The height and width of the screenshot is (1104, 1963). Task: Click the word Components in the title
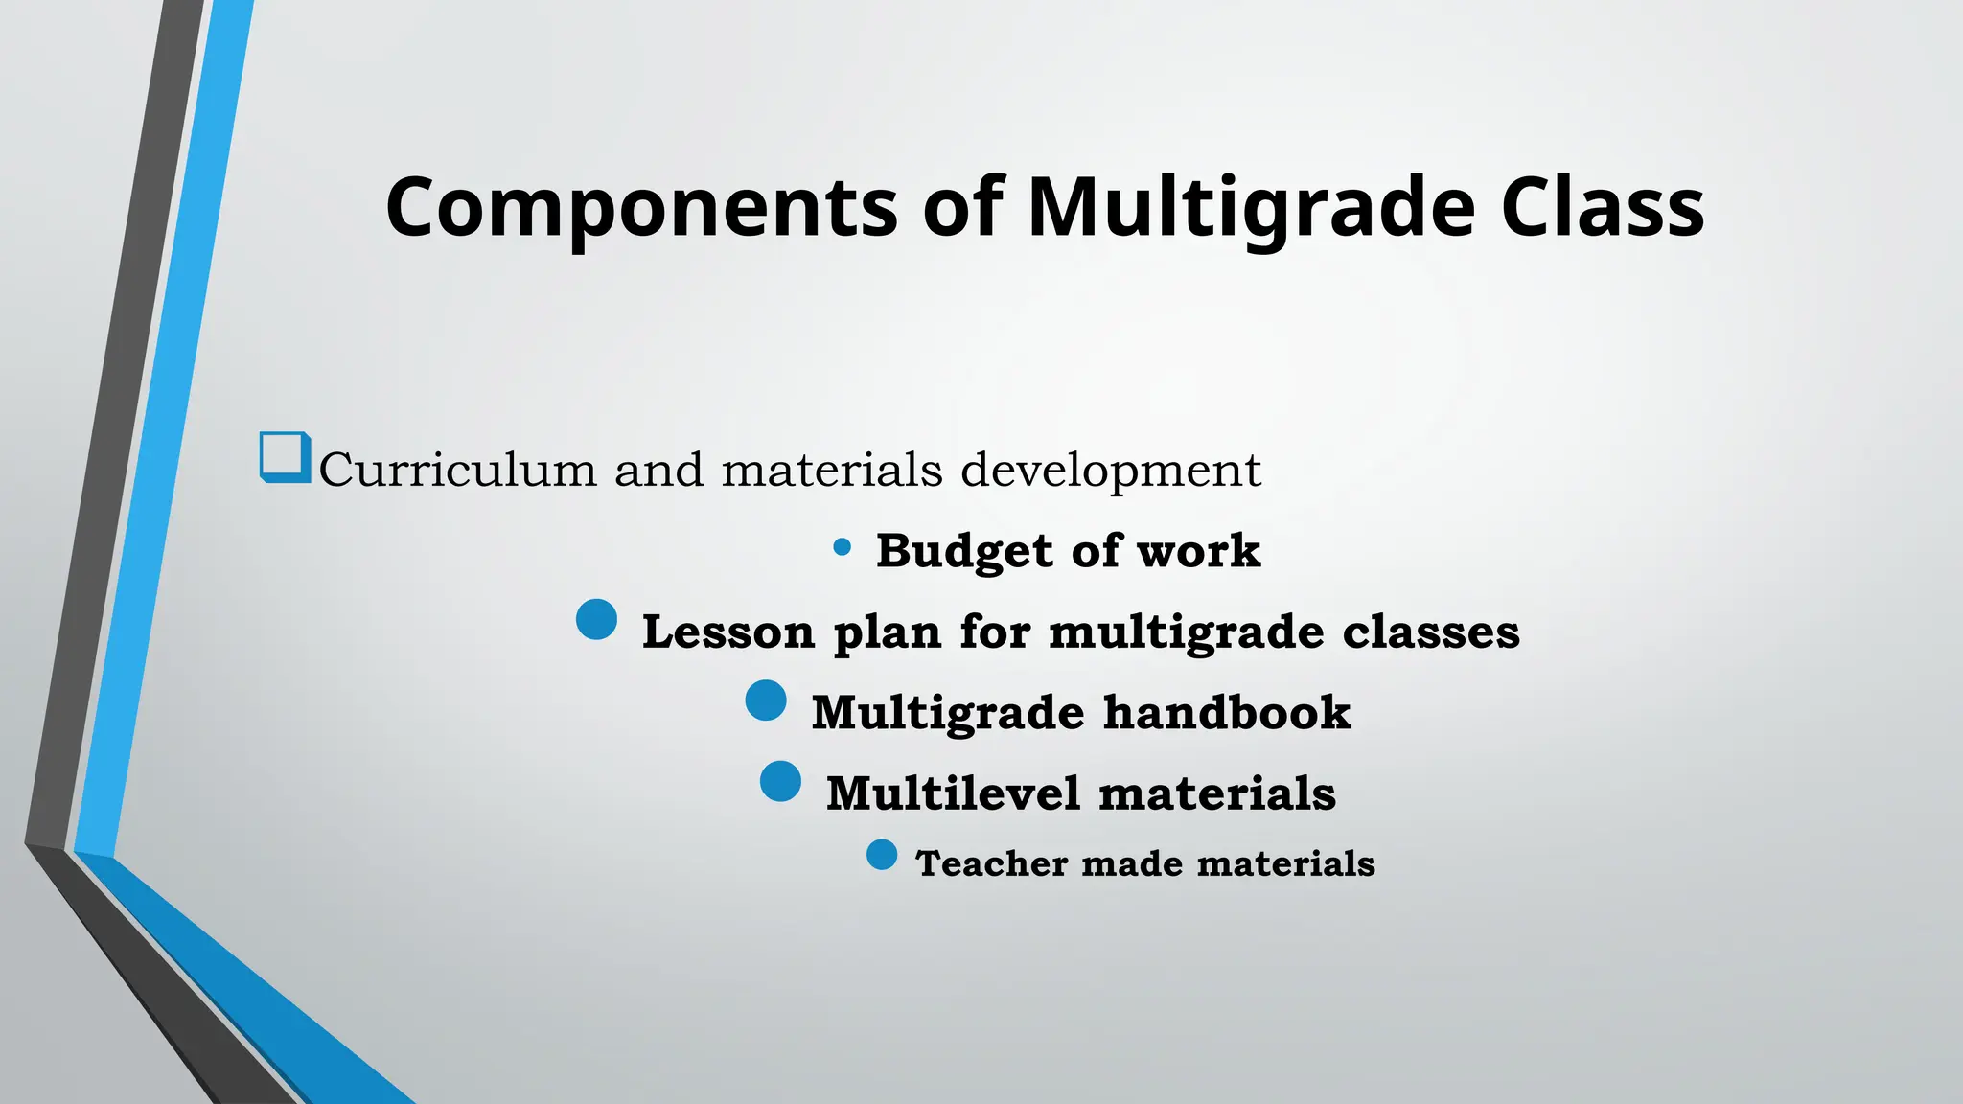(x=641, y=208)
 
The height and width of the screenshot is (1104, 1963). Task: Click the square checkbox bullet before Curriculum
(x=285, y=457)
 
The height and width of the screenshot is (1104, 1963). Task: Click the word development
(x=1111, y=471)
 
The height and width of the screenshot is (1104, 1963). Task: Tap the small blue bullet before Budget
(x=843, y=547)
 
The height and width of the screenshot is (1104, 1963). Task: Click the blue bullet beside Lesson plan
(x=596, y=619)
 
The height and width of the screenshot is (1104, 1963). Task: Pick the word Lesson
(x=727, y=632)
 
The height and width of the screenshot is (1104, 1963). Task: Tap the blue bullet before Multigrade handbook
(x=766, y=701)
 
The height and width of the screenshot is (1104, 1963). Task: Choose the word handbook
(x=1227, y=713)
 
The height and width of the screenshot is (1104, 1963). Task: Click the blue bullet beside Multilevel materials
(x=780, y=781)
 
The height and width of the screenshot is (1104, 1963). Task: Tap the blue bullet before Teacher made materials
(x=882, y=854)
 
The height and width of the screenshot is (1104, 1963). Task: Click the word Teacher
(x=991, y=863)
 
